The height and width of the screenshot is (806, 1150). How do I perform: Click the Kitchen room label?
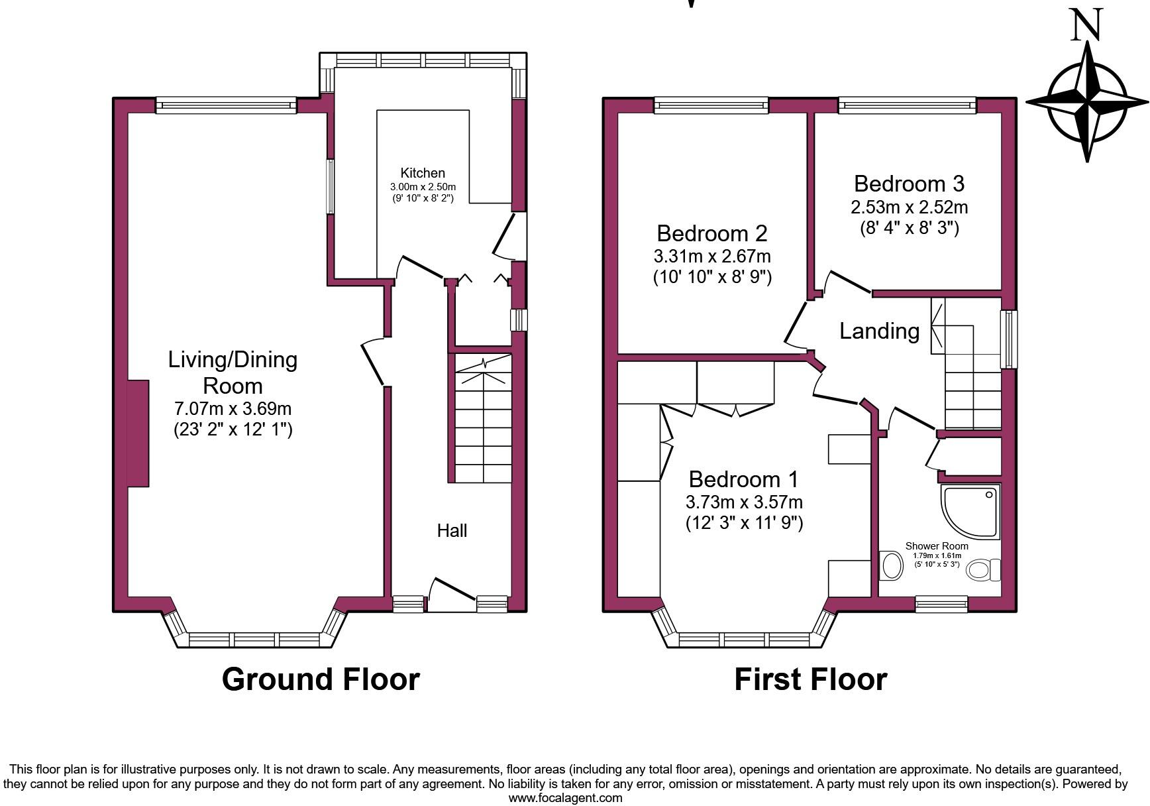point(422,173)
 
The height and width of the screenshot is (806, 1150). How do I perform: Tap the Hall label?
point(452,530)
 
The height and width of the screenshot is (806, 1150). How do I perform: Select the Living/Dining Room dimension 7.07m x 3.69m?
point(233,408)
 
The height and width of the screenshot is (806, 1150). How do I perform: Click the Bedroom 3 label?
point(909,184)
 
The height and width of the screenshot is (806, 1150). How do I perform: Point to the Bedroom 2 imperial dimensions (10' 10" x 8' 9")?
point(712,276)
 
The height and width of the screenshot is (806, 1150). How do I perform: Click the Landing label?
point(879,331)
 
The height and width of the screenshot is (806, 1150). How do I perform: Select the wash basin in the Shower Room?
point(892,566)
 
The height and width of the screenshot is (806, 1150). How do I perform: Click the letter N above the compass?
point(1086,25)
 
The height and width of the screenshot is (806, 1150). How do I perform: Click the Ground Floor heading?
point(321,679)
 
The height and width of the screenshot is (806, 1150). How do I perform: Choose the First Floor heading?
point(810,679)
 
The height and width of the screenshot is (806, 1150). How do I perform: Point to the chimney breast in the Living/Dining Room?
point(137,433)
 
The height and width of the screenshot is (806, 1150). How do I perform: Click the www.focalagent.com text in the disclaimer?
point(565,798)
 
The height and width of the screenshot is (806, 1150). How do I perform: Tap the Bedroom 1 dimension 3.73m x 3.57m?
point(744,502)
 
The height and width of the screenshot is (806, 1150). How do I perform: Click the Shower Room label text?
point(937,546)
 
